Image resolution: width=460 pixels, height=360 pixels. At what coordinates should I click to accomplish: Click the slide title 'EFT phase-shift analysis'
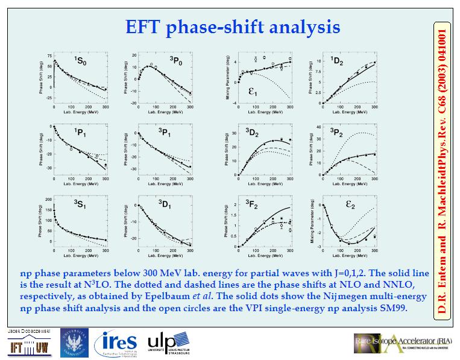coord(232,28)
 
